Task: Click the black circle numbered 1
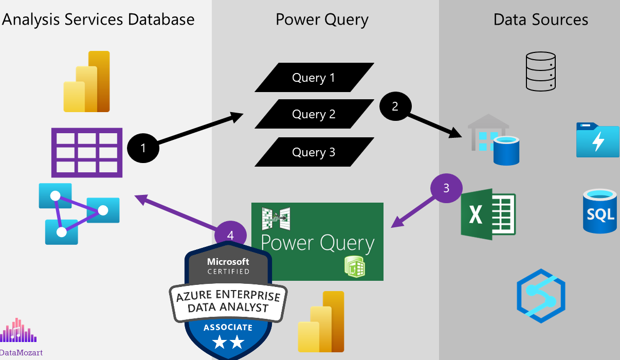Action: [x=143, y=149]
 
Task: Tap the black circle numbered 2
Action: [x=395, y=106]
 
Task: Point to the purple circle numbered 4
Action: [x=230, y=235]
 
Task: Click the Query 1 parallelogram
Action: [x=314, y=78]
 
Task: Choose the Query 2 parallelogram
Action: [x=314, y=114]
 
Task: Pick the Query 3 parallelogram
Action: [x=314, y=152]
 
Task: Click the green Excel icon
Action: [x=488, y=214]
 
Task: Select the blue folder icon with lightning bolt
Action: [x=597, y=140]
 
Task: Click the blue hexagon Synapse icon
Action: [x=541, y=296]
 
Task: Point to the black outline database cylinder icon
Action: [x=541, y=71]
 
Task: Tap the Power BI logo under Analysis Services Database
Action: [x=87, y=82]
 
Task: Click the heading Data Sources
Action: [x=540, y=20]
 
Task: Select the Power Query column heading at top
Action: [x=322, y=20]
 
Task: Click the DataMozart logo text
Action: [x=21, y=353]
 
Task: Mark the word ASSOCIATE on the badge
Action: [x=228, y=327]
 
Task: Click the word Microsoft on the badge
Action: [x=228, y=262]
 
